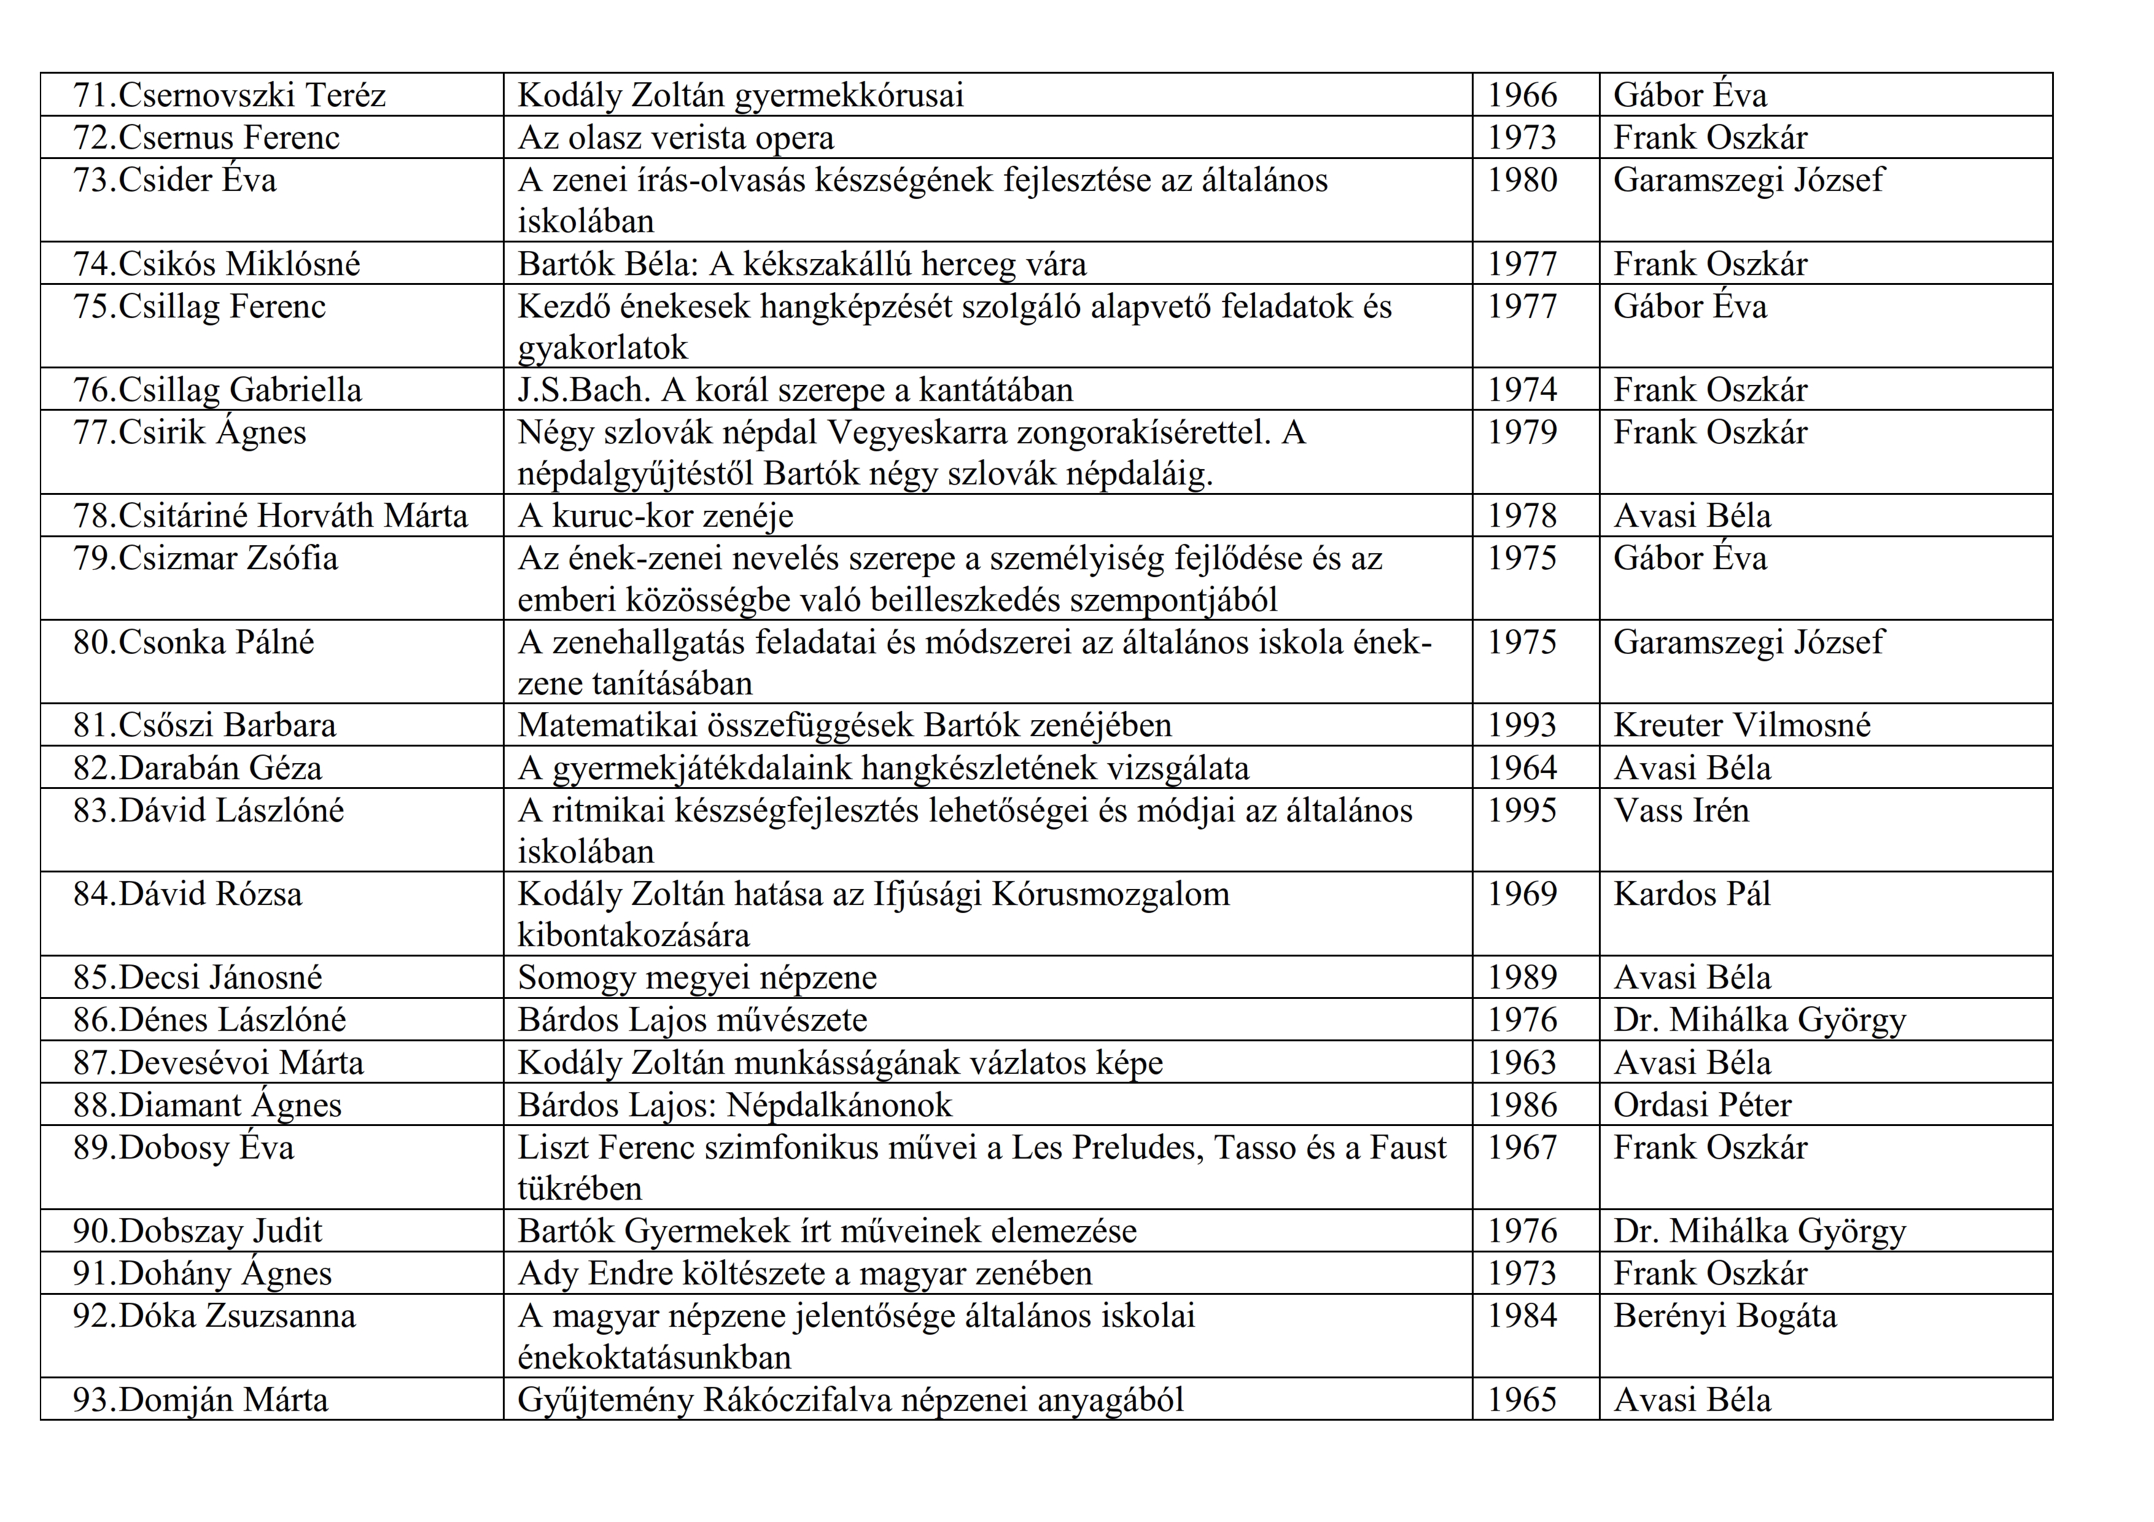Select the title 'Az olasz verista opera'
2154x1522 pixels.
coord(675,138)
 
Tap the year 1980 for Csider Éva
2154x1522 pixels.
coord(1522,180)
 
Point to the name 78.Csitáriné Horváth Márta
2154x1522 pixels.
coord(270,516)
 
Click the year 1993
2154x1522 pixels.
coord(1522,726)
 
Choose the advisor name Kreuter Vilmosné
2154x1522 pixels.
coord(1741,726)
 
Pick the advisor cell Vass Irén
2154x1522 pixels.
coord(1681,810)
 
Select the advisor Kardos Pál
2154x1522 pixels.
coord(1692,894)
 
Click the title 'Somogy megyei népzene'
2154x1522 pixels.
coord(697,978)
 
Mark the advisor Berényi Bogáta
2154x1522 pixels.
coord(1724,1316)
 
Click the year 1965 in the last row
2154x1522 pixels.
coord(1522,1400)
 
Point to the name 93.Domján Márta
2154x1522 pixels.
coord(201,1400)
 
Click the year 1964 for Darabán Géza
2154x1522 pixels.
coord(1522,769)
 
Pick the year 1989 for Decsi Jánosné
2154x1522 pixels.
coord(1522,978)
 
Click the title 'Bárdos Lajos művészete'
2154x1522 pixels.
coord(693,1020)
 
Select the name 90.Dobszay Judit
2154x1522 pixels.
coord(197,1232)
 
